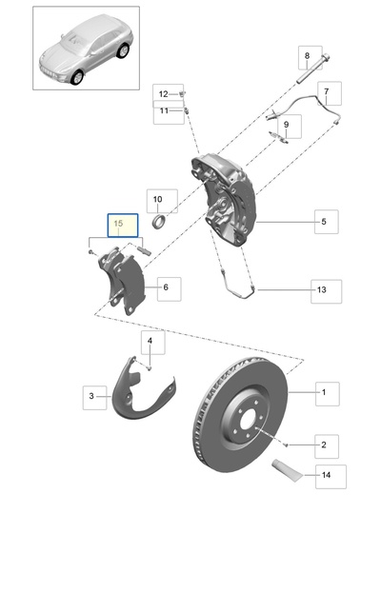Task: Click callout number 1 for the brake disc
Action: (x=324, y=392)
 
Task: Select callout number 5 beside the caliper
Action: (x=324, y=222)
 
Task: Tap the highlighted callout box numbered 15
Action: (x=123, y=226)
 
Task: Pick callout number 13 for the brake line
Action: (x=321, y=290)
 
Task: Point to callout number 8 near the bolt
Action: (x=307, y=56)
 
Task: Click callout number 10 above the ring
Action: (x=157, y=199)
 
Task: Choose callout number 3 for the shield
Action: (x=91, y=396)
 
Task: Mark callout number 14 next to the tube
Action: (x=326, y=475)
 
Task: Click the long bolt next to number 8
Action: (x=312, y=69)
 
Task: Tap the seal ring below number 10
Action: (x=159, y=221)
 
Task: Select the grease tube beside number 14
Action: (x=288, y=470)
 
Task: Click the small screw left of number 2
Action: (x=286, y=445)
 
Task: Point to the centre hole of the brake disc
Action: (x=247, y=421)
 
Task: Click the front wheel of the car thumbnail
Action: (x=77, y=77)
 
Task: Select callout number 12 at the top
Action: (x=163, y=94)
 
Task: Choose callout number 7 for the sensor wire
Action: (x=326, y=91)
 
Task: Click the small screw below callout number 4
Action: (x=150, y=367)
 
